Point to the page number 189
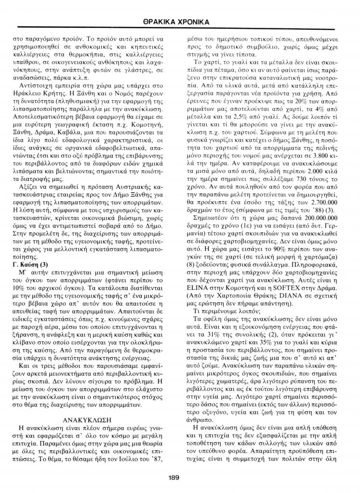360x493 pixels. (x=174, y=477)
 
